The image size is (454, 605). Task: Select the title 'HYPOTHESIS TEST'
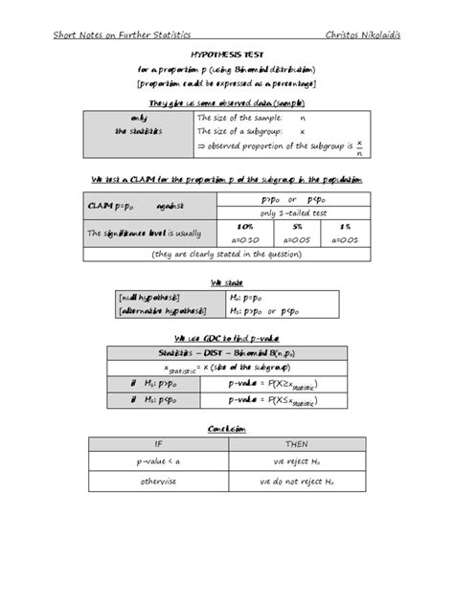coord(226,57)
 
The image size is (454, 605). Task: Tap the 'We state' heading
coord(227,281)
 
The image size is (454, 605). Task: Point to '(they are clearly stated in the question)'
coord(227,256)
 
